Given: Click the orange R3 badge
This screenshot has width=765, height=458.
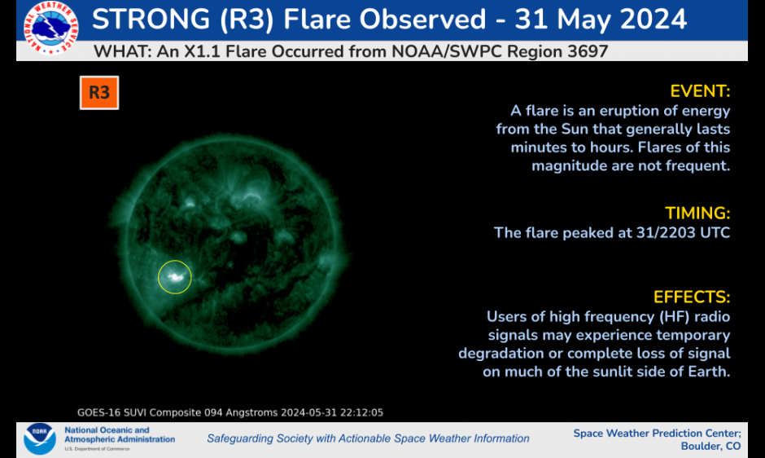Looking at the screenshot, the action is click(x=99, y=92).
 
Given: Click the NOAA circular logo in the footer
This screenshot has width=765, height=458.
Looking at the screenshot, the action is click(x=40, y=438).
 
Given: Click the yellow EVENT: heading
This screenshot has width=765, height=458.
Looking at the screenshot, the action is click(x=700, y=91).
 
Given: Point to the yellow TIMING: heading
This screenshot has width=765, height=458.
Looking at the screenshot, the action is click(x=697, y=214).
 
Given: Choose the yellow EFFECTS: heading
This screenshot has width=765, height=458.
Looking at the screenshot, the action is click(x=691, y=297).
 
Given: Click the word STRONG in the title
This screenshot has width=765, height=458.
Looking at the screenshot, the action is click(x=151, y=20).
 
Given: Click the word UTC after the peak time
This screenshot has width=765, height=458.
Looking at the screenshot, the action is click(x=715, y=232).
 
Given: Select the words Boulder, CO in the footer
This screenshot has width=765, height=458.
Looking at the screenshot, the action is click(x=710, y=447).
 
